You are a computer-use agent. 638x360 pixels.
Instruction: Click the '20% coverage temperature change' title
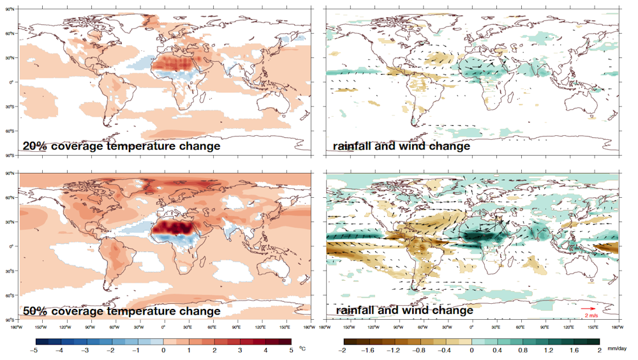[x=121, y=146]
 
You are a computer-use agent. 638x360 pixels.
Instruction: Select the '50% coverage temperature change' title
[x=121, y=311]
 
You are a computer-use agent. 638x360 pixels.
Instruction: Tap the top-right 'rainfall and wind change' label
[x=401, y=146]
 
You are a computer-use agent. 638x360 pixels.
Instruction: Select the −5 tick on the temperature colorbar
[x=36, y=351]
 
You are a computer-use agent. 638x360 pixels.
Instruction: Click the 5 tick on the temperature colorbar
[x=291, y=351]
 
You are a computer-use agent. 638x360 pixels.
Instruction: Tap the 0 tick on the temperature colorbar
[x=163, y=351]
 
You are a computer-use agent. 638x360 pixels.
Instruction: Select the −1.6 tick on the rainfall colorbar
[x=369, y=351]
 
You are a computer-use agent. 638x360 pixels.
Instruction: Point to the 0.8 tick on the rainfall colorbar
[x=523, y=351]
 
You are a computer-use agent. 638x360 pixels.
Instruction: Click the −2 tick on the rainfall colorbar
[x=343, y=351]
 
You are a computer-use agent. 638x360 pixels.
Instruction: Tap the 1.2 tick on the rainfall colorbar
[x=548, y=351]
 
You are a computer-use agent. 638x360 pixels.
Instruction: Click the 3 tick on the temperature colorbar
[x=240, y=351]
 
